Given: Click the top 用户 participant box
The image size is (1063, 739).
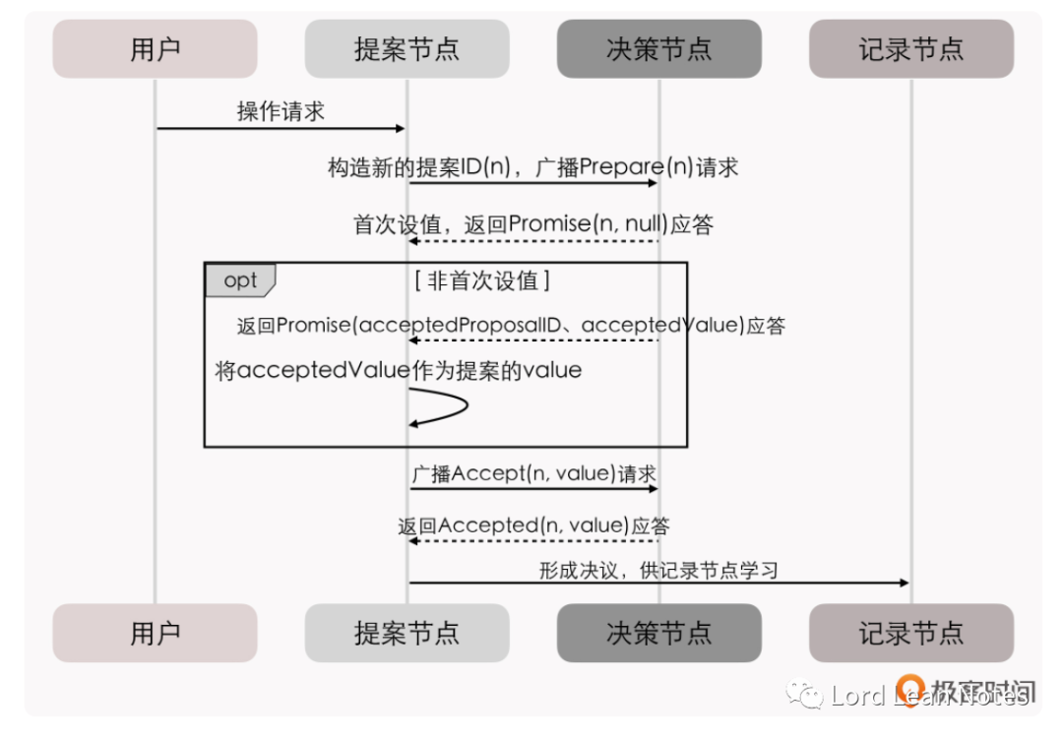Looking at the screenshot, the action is (x=155, y=49).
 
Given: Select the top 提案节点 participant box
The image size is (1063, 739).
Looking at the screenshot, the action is (x=406, y=49).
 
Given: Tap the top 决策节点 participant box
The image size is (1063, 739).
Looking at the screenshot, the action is (x=658, y=49).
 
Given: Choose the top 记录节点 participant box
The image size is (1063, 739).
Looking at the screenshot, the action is (x=910, y=49).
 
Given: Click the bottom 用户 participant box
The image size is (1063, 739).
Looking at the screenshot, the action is (x=155, y=633).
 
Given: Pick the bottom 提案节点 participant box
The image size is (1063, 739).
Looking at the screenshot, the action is (x=406, y=633).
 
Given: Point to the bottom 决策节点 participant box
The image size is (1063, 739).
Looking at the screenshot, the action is (x=658, y=633).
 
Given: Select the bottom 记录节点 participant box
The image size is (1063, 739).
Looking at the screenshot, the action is (x=910, y=633).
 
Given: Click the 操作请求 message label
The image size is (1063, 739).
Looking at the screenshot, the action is (x=281, y=111).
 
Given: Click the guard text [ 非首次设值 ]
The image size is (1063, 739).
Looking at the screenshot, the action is (x=483, y=280).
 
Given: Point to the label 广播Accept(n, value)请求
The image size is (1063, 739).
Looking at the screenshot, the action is (x=533, y=473).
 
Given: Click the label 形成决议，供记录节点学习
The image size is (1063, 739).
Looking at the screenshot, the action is (x=658, y=569).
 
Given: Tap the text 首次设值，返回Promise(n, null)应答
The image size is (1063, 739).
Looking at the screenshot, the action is (x=533, y=224).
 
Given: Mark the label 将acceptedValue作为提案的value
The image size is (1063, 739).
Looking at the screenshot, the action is (x=399, y=371).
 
